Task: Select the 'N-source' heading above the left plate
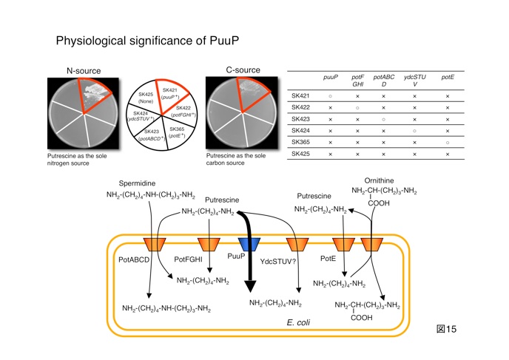[x=83, y=71]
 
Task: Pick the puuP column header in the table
[x=330, y=76]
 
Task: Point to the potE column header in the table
[x=448, y=76]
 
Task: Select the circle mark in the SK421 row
[x=330, y=96]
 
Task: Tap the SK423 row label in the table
[x=301, y=119]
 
